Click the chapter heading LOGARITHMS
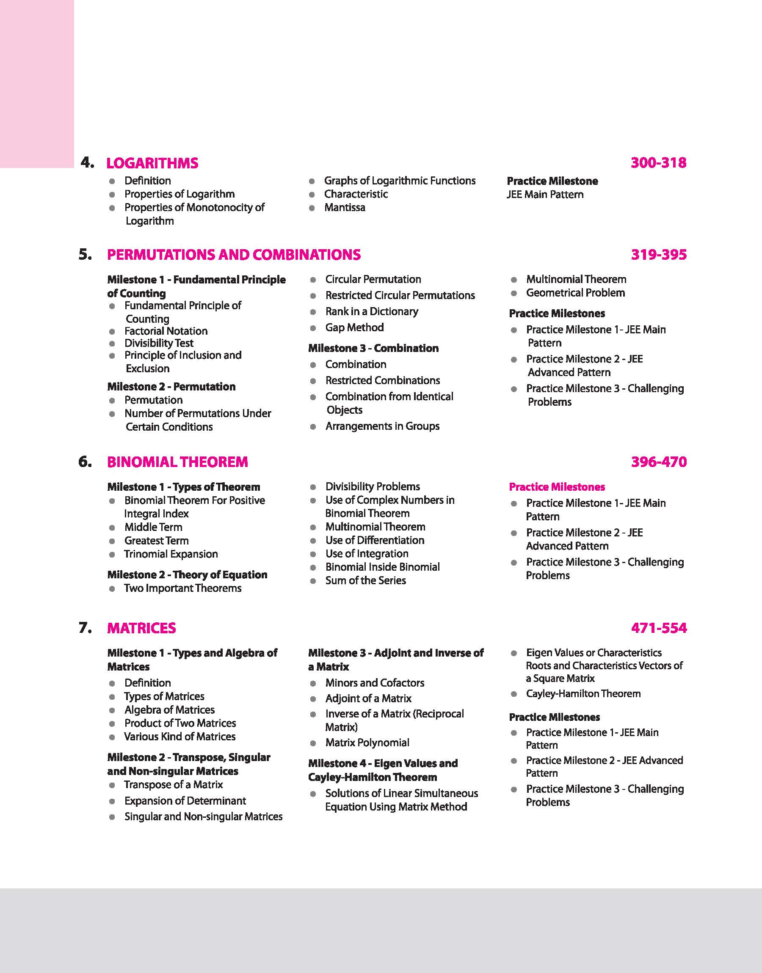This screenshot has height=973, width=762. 152,163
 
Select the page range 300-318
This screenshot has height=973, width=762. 659,163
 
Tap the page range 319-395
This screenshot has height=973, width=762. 659,255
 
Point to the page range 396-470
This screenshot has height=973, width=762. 659,462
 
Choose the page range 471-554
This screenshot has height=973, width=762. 659,628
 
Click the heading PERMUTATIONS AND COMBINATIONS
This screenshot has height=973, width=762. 234,255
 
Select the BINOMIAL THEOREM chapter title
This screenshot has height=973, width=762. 177,462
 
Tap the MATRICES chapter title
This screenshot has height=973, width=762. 141,628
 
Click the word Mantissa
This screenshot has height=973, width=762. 345,208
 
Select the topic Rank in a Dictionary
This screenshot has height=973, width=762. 372,311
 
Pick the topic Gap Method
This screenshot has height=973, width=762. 354,327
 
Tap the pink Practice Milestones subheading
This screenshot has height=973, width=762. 557,487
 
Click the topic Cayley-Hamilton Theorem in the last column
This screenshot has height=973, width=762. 583,693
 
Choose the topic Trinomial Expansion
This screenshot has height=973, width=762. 171,554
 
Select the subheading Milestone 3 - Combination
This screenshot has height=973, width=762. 373,348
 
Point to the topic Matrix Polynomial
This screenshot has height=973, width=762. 367,742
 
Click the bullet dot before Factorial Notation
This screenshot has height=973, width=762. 113,331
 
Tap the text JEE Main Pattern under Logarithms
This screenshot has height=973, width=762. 545,194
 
